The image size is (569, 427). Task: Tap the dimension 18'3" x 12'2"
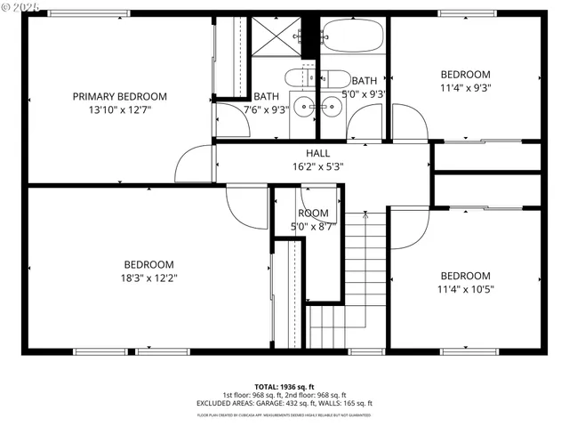click(x=148, y=277)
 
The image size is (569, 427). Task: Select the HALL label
click(x=318, y=153)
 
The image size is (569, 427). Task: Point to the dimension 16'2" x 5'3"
click(x=318, y=165)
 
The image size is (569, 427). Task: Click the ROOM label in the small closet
click(x=313, y=213)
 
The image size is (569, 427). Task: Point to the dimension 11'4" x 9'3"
click(x=464, y=87)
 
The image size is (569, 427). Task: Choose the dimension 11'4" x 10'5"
click(x=465, y=288)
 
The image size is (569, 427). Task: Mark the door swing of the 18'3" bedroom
click(x=243, y=206)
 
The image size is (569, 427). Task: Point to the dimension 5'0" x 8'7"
click(x=313, y=226)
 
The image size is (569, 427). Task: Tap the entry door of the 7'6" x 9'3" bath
click(x=229, y=121)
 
